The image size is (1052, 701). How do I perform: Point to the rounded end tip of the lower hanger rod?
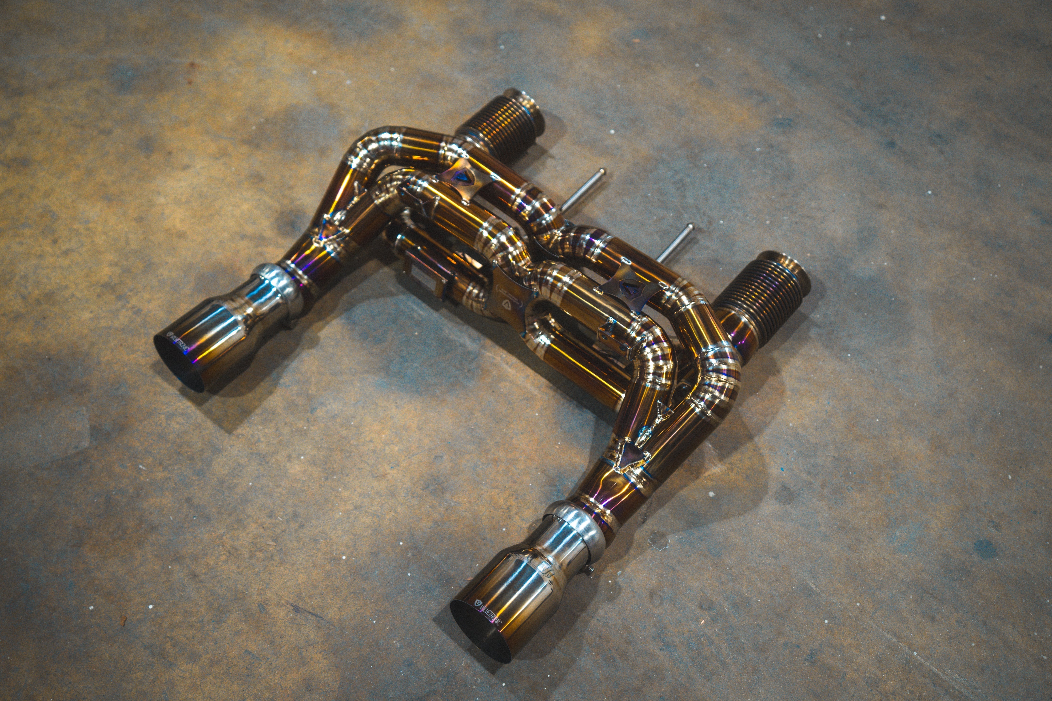coord(691,227)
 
